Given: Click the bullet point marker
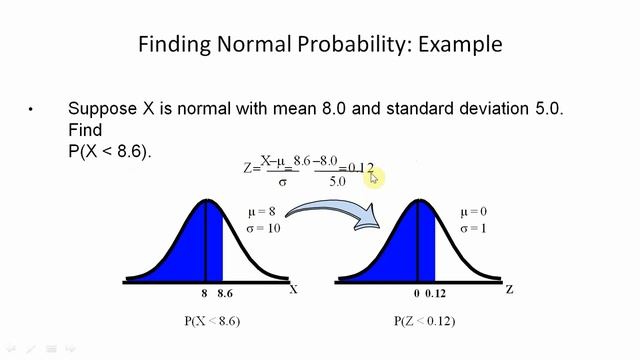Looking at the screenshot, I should point(31,109).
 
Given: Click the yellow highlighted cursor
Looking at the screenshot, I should point(374,177).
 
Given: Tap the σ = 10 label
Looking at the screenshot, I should point(263,228).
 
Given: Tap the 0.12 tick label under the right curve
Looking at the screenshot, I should point(435,294).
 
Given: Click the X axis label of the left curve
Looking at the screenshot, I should point(293,289).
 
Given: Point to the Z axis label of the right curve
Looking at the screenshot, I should point(509,289).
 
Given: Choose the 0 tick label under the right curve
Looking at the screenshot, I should point(416,294).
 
